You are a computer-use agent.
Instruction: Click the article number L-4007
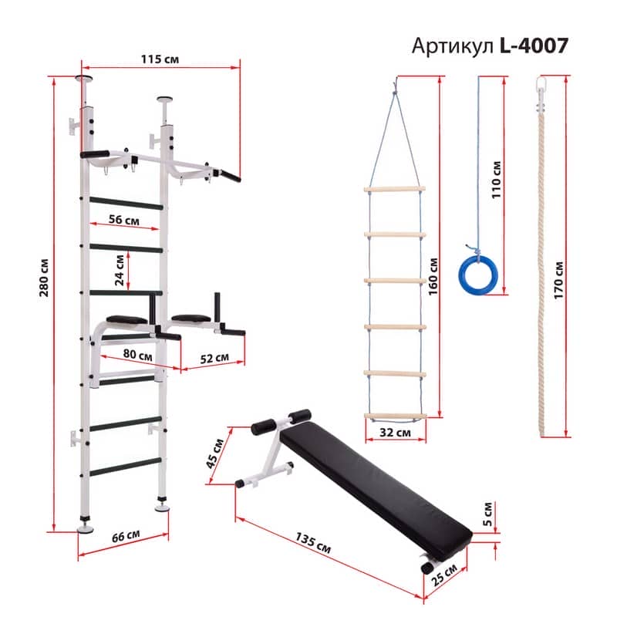pyautogui.click(x=534, y=46)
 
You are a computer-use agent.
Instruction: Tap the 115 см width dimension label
pyautogui.click(x=160, y=59)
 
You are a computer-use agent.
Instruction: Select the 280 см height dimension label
pyautogui.click(x=44, y=278)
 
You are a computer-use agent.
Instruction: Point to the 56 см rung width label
pyautogui.click(x=124, y=220)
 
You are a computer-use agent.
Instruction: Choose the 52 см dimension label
pyautogui.click(x=214, y=358)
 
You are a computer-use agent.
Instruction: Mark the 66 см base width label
pyautogui.click(x=126, y=536)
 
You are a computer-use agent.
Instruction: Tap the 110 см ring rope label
pyautogui.click(x=497, y=180)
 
